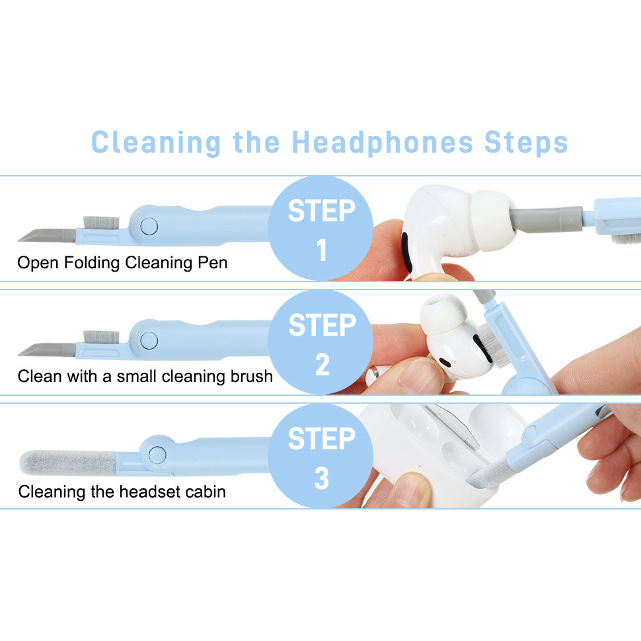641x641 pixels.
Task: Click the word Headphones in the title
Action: pyautogui.click(x=382, y=143)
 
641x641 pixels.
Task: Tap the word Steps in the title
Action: pyautogui.click(x=526, y=143)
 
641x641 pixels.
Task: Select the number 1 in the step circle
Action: pyautogui.click(x=322, y=250)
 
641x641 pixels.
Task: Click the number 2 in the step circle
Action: pyautogui.click(x=322, y=364)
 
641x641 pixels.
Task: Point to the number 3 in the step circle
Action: pyautogui.click(x=322, y=478)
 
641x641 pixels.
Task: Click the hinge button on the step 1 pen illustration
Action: pyautogui.click(x=149, y=225)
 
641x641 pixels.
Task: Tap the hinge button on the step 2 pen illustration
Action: pyautogui.click(x=149, y=340)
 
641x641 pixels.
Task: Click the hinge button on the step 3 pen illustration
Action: pyautogui.click(x=157, y=455)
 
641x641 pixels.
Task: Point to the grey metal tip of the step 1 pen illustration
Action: pyautogui.click(x=46, y=235)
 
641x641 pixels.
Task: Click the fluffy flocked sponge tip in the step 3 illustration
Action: pyautogui.click(x=68, y=463)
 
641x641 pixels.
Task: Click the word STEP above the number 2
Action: pyautogui.click(x=322, y=325)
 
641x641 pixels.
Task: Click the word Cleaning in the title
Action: pyautogui.click(x=156, y=143)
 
